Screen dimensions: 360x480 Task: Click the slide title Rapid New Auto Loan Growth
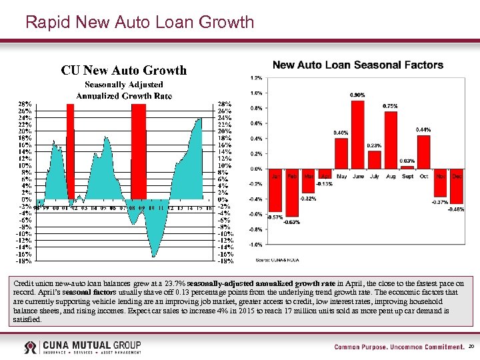pos(139,23)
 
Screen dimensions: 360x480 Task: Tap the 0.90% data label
pos(357,95)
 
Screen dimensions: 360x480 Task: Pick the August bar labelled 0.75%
pos(391,141)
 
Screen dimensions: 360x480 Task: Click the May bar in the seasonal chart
pos(341,153)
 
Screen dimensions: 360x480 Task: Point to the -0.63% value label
pos(291,222)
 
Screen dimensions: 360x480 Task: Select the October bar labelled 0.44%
pos(423,152)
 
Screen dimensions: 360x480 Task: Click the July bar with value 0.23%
pos(375,160)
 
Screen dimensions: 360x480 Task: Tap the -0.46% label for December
pos(457,209)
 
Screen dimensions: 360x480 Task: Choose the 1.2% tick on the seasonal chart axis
pos(256,78)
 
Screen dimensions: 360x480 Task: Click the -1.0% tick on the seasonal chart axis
pos(255,245)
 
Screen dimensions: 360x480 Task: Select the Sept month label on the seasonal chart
pos(407,176)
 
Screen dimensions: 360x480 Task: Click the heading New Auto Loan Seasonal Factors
pos(358,65)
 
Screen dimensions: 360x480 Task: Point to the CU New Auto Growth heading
pos(124,70)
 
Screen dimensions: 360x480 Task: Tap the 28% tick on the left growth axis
pos(25,104)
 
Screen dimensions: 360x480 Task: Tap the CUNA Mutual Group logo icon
pos(31,347)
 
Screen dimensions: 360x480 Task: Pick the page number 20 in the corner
pos(471,347)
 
